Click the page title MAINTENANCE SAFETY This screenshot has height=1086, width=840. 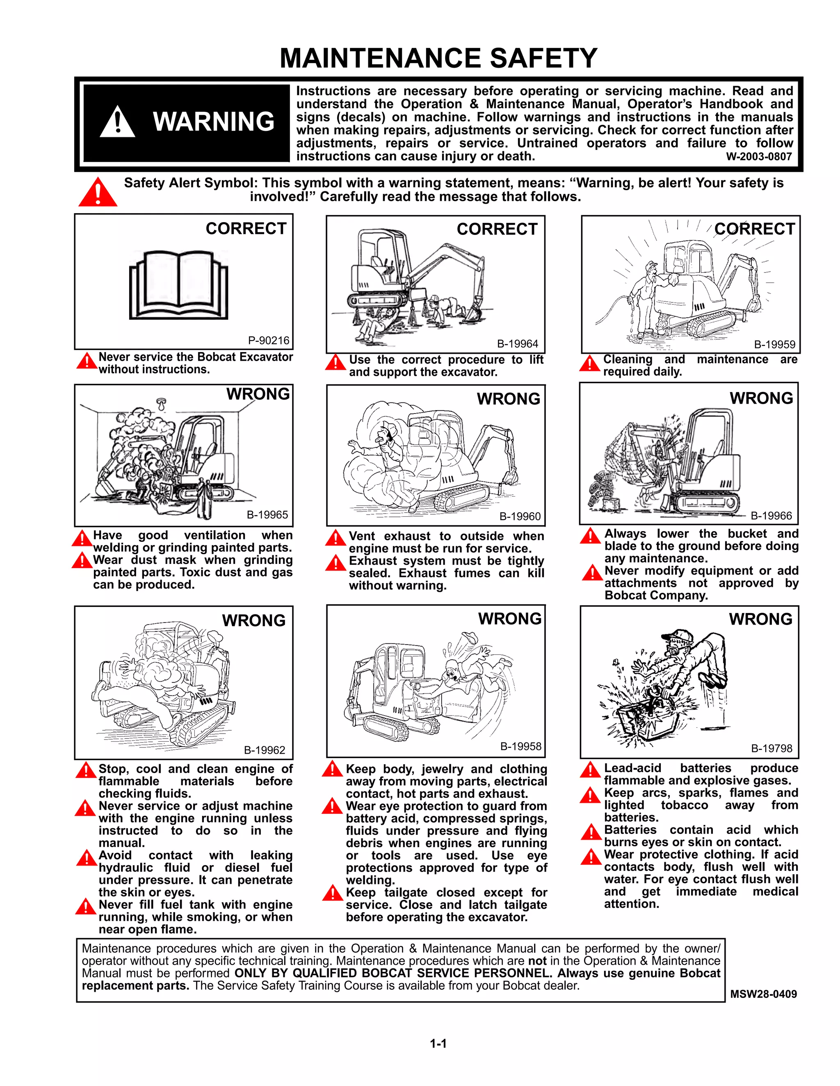click(438, 58)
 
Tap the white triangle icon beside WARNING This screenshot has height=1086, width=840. click(117, 122)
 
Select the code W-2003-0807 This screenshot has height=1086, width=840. click(758, 157)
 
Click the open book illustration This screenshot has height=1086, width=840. click(178, 285)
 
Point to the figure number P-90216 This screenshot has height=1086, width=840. click(269, 341)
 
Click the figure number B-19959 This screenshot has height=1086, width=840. click(774, 344)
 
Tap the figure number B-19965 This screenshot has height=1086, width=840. click(267, 515)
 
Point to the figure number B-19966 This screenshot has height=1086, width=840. click(771, 516)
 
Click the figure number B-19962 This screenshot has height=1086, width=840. click(264, 750)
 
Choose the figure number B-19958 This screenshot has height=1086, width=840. click(520, 746)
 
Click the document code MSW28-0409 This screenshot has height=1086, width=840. click(763, 994)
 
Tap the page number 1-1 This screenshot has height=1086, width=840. click(438, 1043)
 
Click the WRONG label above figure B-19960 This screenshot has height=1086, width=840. click(508, 399)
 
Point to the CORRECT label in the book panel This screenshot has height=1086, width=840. click(246, 228)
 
